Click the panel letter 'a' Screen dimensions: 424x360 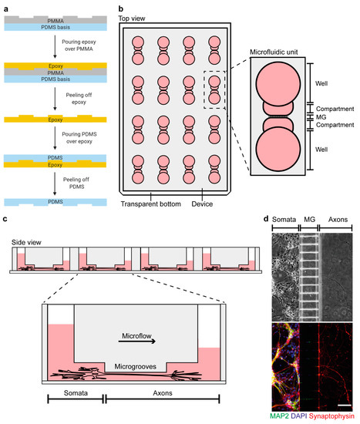(5, 6)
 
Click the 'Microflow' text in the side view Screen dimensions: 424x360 (130, 336)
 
